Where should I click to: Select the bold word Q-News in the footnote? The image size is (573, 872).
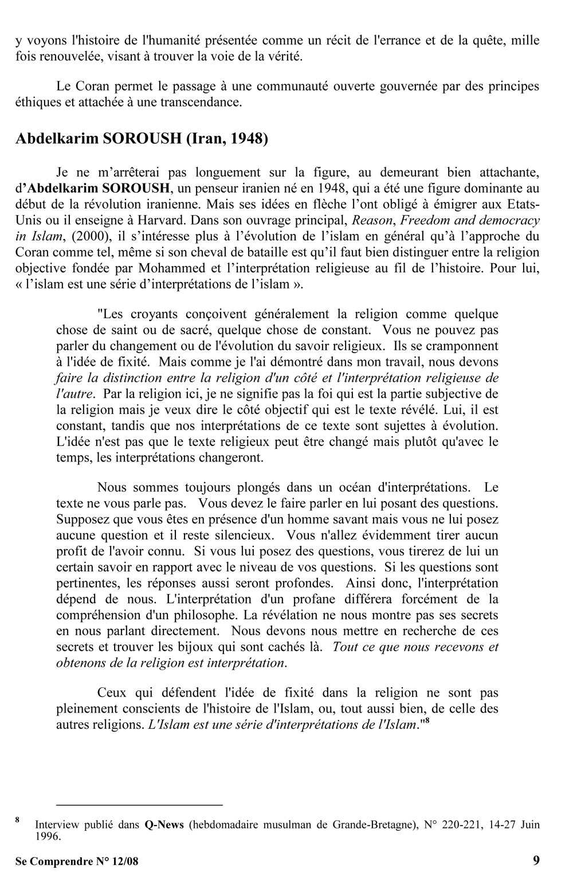[164, 825]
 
